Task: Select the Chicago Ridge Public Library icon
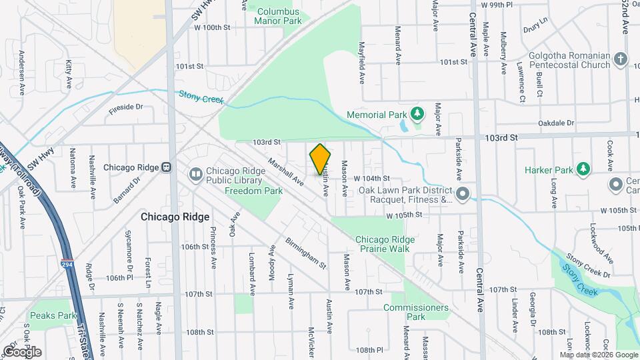196,174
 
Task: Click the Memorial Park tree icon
417,114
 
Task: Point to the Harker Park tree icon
583,169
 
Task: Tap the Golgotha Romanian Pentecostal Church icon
621,59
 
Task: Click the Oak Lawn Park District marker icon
463,193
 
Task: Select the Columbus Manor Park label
278,16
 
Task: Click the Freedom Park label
253,191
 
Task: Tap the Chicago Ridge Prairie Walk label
385,244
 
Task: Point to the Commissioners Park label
407,312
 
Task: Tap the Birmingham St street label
305,253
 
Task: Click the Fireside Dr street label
126,107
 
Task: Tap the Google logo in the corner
22,351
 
